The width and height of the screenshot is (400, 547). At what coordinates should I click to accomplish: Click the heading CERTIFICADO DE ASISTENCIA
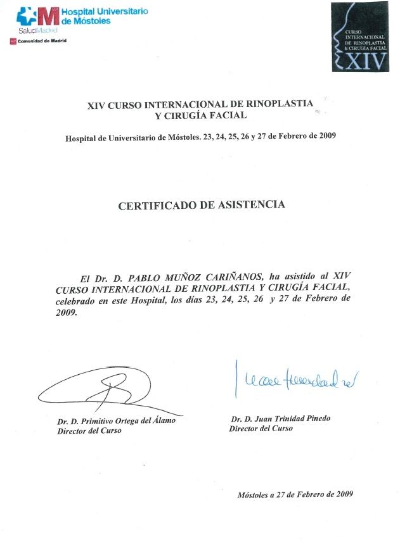point(202,205)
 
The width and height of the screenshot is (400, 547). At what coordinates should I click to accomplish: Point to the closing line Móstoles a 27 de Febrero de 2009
point(295,494)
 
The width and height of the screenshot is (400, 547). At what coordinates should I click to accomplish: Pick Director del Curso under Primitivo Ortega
point(89,431)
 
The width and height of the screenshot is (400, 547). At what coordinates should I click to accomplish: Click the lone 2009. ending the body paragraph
point(66,313)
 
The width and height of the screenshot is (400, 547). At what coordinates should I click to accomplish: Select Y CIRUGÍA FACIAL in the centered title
point(201,116)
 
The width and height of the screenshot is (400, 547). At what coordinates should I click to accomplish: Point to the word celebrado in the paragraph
point(75,302)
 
